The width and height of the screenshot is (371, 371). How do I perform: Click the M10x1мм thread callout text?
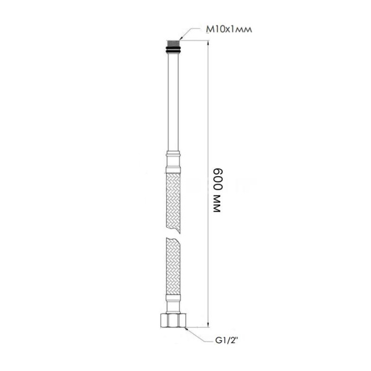pyautogui.click(x=229, y=30)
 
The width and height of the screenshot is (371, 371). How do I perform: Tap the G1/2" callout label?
pyautogui.click(x=227, y=341)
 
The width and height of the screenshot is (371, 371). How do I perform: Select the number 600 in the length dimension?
pyautogui.click(x=218, y=180)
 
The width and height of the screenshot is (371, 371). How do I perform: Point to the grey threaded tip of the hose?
pyautogui.click(x=173, y=44)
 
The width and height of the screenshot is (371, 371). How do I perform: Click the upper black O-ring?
pyautogui.click(x=173, y=49)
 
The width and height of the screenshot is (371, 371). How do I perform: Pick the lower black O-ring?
pyautogui.click(x=173, y=52)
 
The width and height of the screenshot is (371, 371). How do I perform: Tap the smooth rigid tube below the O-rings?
pyautogui.click(x=173, y=102)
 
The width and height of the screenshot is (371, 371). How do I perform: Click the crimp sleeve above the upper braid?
pyautogui.click(x=173, y=162)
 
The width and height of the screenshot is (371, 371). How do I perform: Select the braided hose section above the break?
pyautogui.click(x=173, y=202)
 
